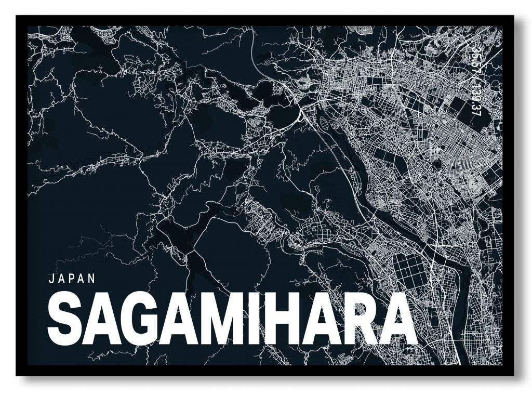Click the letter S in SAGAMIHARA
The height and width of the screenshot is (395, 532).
click(x=65, y=318)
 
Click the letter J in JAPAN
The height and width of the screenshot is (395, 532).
click(x=51, y=278)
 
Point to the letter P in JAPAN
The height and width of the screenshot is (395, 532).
click(x=72, y=278)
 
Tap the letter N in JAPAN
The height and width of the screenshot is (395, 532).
click(x=92, y=278)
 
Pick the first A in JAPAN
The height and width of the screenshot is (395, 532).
click(x=61, y=278)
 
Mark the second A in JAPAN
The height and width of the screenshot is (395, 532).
click(x=82, y=278)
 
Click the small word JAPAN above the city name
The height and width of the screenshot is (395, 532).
click(x=72, y=278)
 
